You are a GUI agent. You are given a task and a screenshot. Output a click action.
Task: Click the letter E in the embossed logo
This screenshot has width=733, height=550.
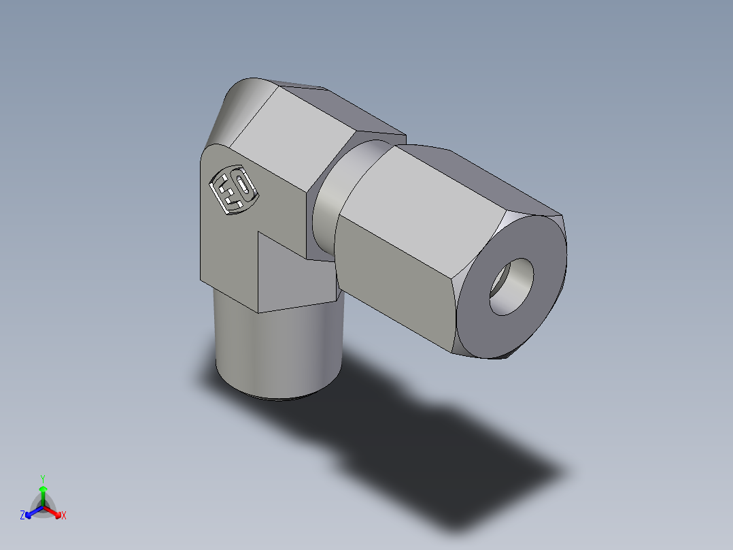(x=225, y=193)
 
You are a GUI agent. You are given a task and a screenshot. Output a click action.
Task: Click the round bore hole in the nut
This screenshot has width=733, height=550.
(x=511, y=286)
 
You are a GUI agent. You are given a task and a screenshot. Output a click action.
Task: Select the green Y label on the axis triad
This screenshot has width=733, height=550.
(x=42, y=478)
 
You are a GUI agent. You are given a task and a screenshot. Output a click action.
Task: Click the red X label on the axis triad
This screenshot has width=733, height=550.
(x=64, y=516)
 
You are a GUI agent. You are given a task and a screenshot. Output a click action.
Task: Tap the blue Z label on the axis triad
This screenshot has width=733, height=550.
(x=22, y=516)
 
